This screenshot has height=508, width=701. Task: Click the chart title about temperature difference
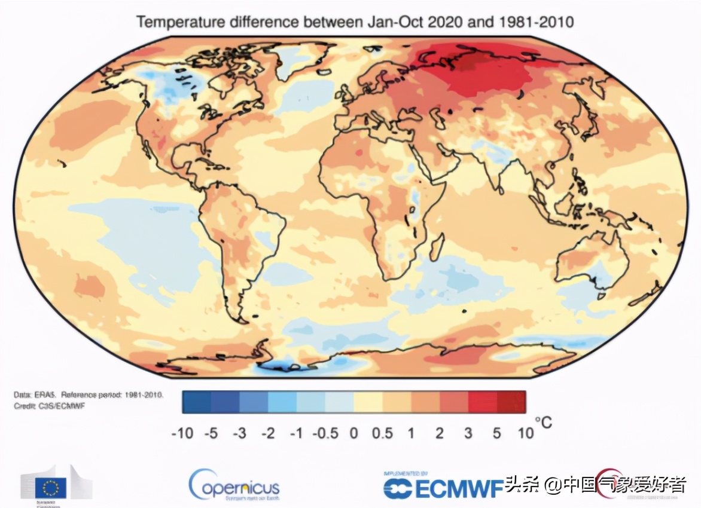(x=355, y=22)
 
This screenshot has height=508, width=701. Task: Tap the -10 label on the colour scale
(x=182, y=433)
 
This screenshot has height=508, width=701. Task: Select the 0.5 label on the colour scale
(x=382, y=433)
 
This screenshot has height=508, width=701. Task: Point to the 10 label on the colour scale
(x=525, y=433)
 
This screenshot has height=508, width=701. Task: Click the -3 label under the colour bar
(x=239, y=433)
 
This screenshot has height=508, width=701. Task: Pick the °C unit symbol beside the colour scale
(x=543, y=423)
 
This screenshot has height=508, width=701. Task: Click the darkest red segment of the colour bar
(x=511, y=402)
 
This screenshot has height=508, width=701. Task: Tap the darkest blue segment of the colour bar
(x=196, y=402)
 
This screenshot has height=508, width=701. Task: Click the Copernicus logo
(x=234, y=485)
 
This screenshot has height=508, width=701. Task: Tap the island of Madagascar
(x=437, y=246)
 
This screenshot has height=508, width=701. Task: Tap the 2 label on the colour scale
(x=440, y=433)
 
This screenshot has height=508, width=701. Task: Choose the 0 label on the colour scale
(x=353, y=433)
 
